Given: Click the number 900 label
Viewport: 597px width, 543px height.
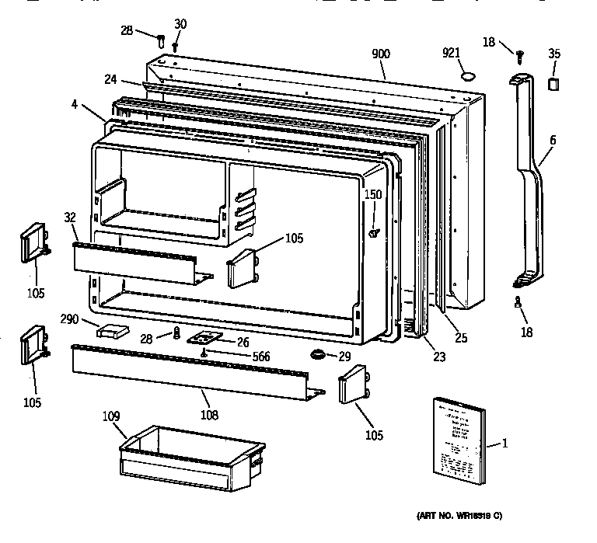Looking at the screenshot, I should (381, 54).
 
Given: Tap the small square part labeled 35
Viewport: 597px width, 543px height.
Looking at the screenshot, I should (554, 82).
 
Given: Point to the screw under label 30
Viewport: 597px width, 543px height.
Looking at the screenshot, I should (176, 47).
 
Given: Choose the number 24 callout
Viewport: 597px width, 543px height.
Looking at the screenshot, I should (111, 78).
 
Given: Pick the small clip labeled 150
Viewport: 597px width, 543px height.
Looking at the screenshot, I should (374, 231).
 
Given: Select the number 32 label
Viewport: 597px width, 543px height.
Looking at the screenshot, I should (70, 218).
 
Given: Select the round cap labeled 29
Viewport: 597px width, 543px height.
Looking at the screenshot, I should (318, 355).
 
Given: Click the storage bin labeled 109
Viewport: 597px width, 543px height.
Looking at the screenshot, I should (189, 460).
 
